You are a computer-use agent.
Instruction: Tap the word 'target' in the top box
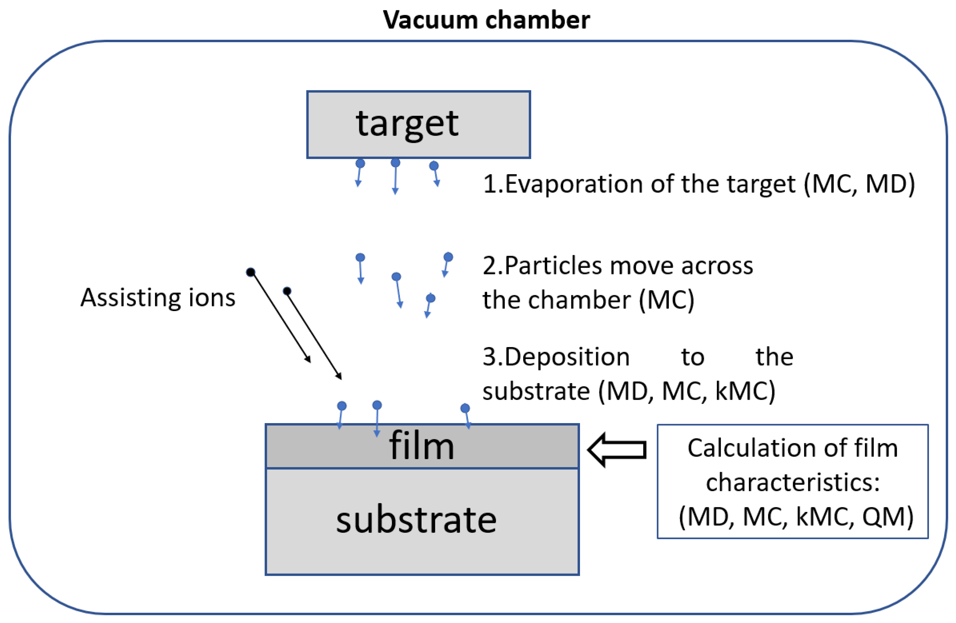(x=407, y=124)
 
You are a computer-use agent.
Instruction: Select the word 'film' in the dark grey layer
(x=421, y=446)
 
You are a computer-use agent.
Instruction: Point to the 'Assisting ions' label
(x=158, y=298)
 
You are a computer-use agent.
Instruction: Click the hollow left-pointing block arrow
(x=616, y=449)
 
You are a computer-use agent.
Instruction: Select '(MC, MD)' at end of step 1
(x=860, y=184)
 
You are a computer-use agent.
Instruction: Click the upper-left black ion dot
(x=251, y=272)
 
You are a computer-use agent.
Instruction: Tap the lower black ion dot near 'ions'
(x=287, y=291)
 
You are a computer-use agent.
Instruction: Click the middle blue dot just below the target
(x=395, y=163)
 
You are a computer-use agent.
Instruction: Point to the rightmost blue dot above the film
(x=465, y=408)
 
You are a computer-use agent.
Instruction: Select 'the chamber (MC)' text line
(x=588, y=300)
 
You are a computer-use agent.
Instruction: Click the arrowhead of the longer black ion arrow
(x=339, y=376)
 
